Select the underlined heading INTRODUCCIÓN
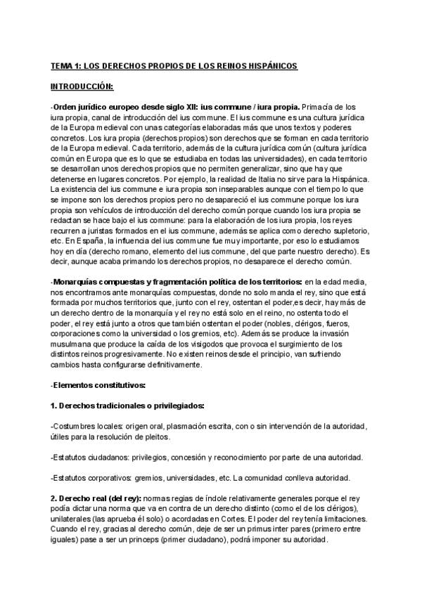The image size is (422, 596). pos(82,86)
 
